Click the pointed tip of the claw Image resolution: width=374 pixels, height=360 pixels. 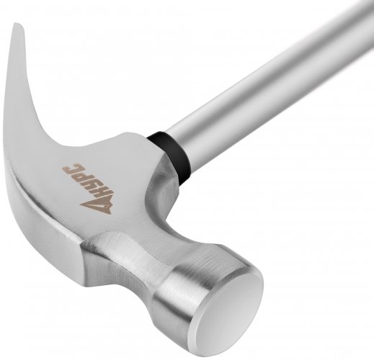[x=17, y=24]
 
